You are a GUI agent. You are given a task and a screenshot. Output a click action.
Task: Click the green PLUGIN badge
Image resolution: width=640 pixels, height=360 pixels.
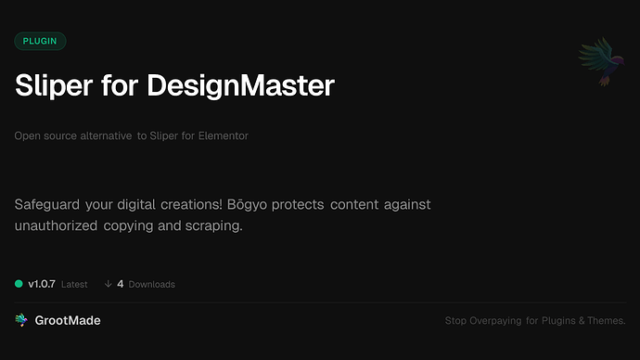(40, 41)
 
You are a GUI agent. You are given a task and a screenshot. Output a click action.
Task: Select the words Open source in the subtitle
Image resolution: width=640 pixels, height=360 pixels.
(44, 136)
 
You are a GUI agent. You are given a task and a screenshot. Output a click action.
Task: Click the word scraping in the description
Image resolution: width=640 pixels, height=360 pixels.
(215, 225)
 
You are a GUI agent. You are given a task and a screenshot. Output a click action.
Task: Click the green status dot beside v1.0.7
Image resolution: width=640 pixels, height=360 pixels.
(19, 284)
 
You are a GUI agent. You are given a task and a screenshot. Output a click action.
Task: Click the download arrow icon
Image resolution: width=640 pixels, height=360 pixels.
(108, 284)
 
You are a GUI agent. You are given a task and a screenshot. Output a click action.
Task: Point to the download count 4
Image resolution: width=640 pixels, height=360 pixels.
(121, 284)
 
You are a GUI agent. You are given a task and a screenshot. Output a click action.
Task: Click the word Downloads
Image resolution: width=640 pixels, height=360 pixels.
(152, 284)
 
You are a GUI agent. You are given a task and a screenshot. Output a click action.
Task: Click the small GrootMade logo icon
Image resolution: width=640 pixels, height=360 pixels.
(20, 320)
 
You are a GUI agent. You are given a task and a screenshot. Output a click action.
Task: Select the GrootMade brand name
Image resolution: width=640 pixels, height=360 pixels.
(68, 320)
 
